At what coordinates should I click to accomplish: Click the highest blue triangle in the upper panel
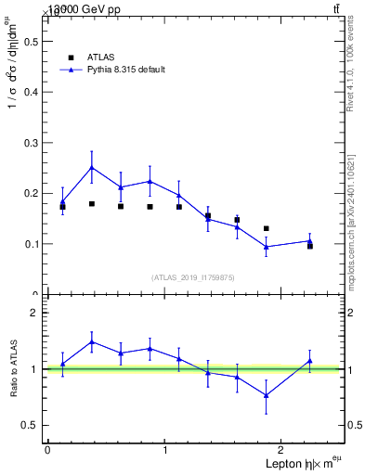click(x=91, y=168)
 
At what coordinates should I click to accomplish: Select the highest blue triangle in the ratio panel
click(x=91, y=341)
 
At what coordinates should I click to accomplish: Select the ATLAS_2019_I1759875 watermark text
click(x=193, y=277)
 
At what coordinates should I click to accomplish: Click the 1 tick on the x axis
click(x=165, y=450)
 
